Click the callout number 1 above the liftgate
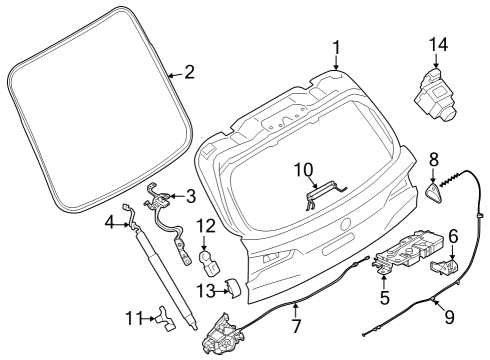pos(336,48)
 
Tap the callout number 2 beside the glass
pos(189,72)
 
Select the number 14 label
pos(438,45)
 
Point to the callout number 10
pos(304,169)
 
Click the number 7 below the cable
pos(296,326)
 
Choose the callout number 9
pos(450,317)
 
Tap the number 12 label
pos(206,226)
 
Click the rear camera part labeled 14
pos(434,97)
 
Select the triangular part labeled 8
pos(434,193)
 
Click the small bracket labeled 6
pos(445,266)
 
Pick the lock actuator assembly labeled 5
pos(410,249)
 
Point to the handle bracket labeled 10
pos(326,196)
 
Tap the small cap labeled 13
pos(235,287)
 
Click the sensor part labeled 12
pos(209,263)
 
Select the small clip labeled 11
pos(165,318)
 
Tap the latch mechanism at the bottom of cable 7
pos(223,334)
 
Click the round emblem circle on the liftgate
pos(346,224)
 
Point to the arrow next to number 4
pos(122,226)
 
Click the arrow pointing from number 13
pos(221,292)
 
